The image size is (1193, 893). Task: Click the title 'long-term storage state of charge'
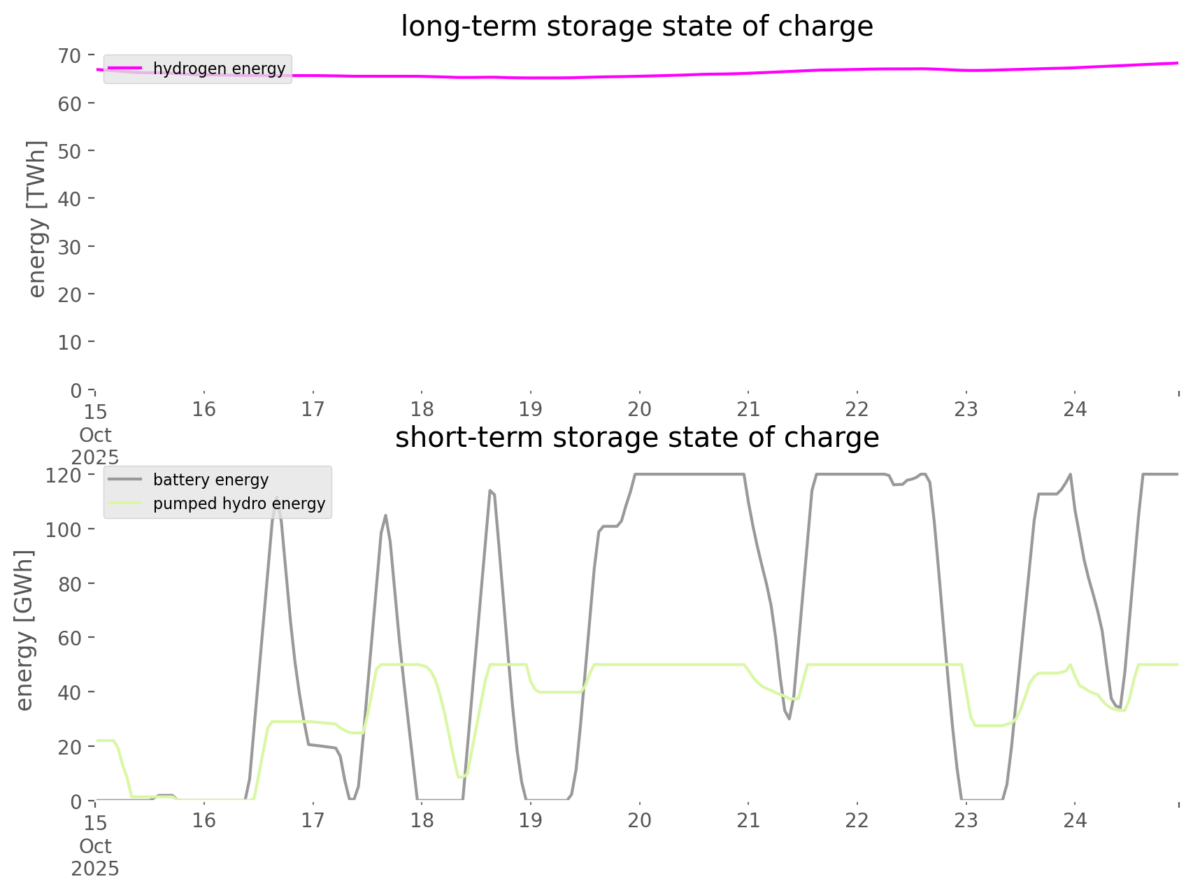(636, 27)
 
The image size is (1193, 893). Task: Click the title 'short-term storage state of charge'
(636, 438)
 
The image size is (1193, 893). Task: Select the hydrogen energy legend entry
(219, 69)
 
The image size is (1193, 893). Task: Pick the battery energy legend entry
(210, 480)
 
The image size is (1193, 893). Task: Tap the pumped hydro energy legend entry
(238, 503)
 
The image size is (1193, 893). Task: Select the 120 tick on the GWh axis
(65, 476)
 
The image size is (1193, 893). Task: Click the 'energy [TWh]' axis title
(36, 219)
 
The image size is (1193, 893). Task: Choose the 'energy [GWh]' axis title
(24, 630)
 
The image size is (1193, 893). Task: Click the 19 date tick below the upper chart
(531, 409)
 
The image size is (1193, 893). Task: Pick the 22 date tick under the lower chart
(857, 820)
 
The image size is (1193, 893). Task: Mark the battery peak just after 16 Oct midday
(277, 499)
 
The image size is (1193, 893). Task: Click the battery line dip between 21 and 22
(789, 719)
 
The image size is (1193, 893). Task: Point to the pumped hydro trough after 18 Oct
(459, 777)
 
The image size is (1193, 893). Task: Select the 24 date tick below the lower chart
(1075, 820)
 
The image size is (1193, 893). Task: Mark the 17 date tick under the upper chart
(313, 409)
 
